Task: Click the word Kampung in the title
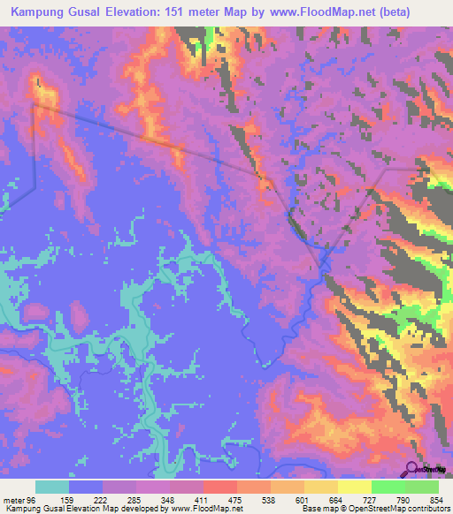pos(37,13)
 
